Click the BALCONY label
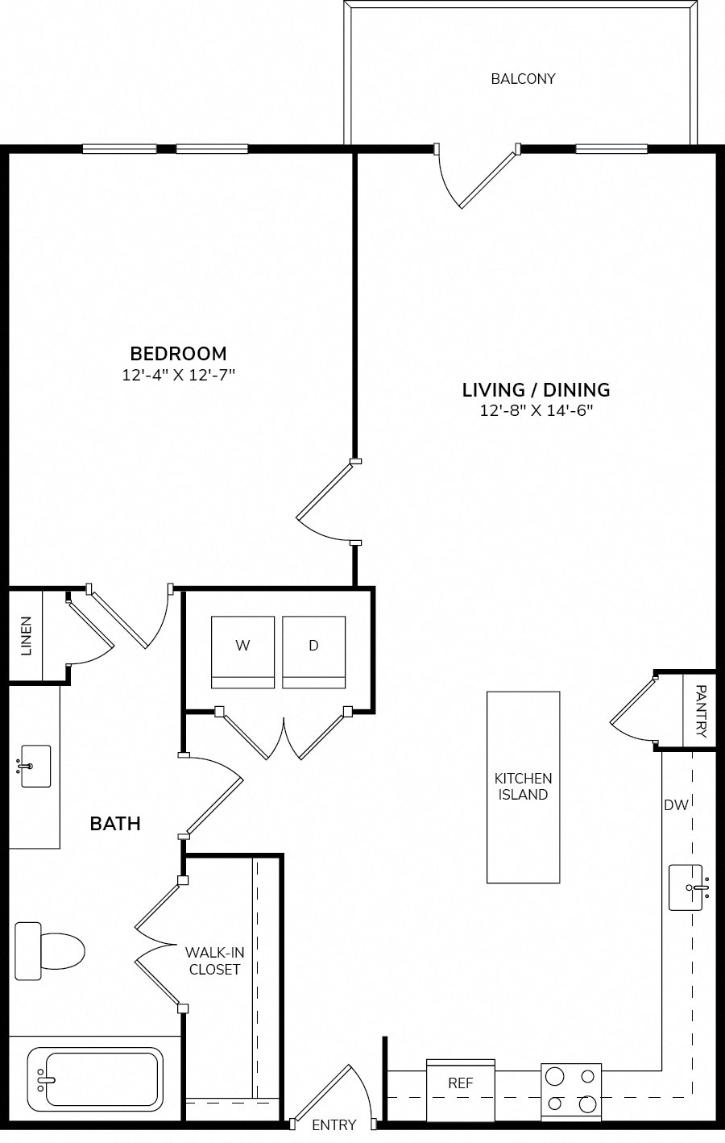[523, 78]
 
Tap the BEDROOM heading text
[179, 353]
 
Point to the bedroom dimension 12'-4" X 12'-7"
[179, 375]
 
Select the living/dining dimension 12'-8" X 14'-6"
[536, 411]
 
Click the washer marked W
[242, 652]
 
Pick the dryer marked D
[314, 652]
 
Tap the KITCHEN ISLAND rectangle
[524, 787]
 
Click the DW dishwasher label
[676, 805]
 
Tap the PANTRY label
[701, 711]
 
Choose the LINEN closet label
[26, 636]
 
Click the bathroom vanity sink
[35, 766]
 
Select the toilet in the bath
[49, 951]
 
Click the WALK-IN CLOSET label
[214, 961]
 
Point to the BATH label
[115, 824]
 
